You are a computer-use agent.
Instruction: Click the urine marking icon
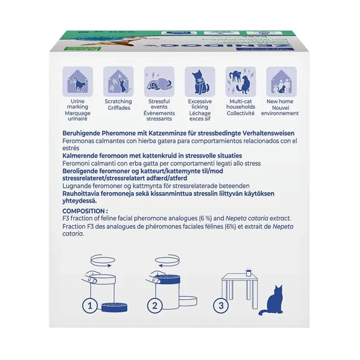77,81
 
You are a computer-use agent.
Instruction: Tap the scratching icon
118,81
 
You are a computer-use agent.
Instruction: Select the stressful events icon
159,81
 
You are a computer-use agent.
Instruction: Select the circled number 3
220,306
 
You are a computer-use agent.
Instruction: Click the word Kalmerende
77,155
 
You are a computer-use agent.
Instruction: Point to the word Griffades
118,108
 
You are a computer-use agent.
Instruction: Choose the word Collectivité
241,113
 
